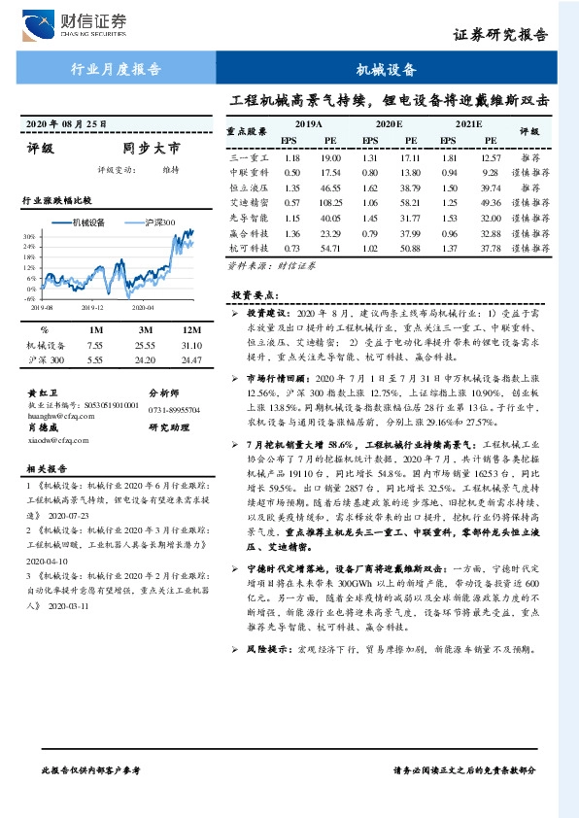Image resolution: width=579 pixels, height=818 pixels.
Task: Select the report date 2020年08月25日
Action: pyautogui.click(x=66, y=123)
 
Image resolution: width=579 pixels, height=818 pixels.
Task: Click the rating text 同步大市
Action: pyautogui.click(x=152, y=150)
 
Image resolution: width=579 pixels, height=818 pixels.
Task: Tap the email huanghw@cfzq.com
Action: pyautogui.click(x=60, y=410)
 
